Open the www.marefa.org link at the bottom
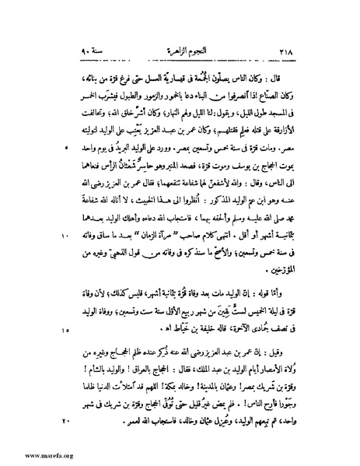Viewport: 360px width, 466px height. [x=29, y=455]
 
